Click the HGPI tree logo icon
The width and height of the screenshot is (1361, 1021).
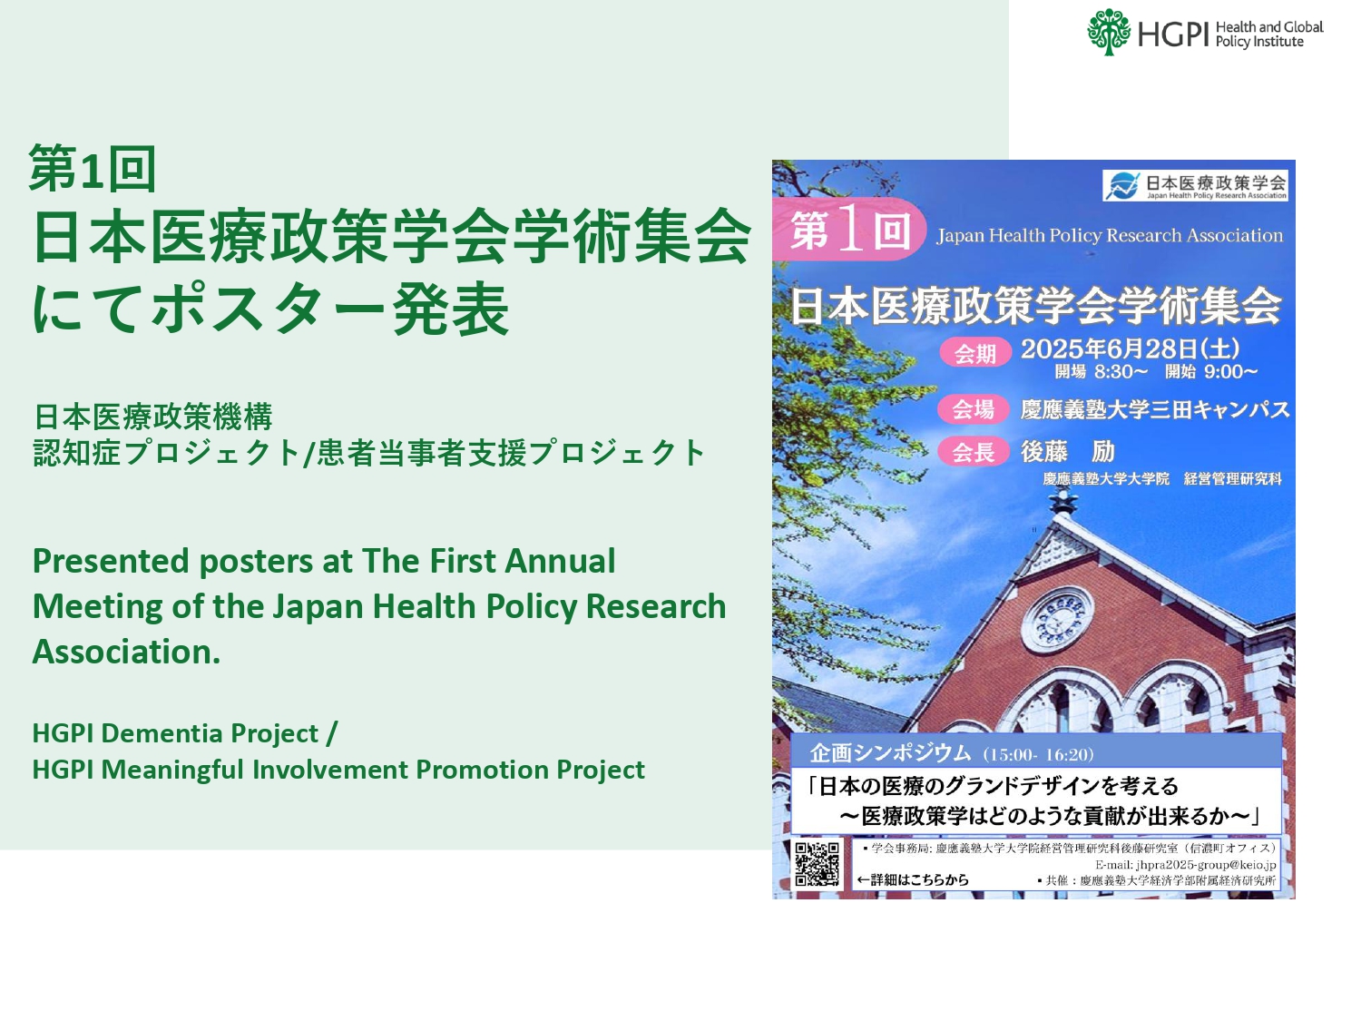point(1109,33)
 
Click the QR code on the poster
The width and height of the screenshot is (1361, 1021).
point(817,864)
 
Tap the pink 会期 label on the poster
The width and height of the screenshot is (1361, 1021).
point(975,353)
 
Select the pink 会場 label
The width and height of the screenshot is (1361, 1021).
point(974,409)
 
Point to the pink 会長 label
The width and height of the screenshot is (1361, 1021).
point(974,451)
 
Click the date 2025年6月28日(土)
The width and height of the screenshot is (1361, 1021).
point(1130,349)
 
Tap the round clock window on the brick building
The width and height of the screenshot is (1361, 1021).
point(1057,620)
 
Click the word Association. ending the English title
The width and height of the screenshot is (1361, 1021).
point(127,652)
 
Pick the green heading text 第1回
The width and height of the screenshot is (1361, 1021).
point(93,169)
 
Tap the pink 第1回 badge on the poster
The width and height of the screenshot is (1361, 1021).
point(848,231)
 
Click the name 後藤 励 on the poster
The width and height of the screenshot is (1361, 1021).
point(1067,451)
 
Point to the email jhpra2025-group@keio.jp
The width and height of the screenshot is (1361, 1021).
point(1185,865)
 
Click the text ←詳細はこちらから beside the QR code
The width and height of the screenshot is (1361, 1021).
point(913,879)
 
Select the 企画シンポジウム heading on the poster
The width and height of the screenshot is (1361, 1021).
point(890,753)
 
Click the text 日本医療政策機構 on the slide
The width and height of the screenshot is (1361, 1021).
point(152,417)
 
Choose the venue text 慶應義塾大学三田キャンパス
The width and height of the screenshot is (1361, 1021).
point(1154,409)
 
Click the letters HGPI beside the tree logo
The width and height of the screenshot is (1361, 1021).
point(1173,34)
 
